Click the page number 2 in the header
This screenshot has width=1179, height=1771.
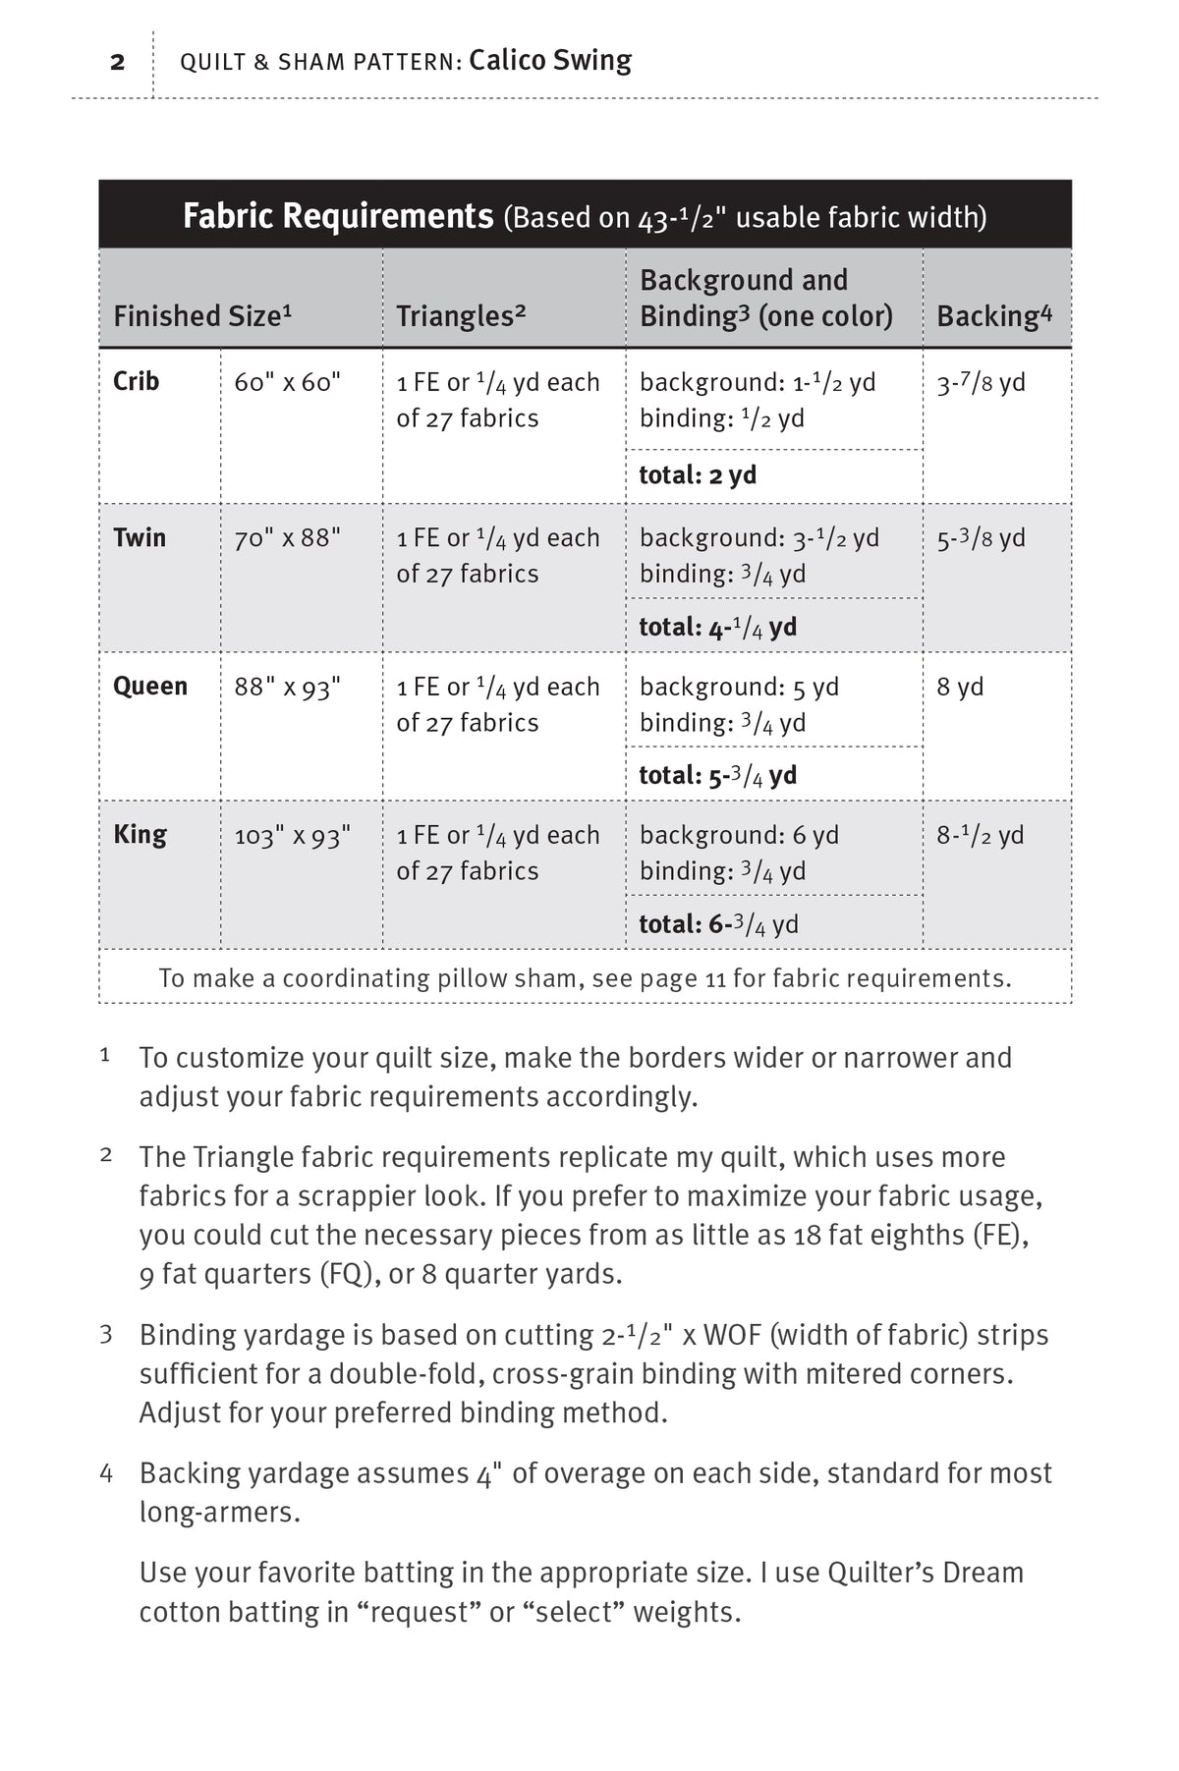[118, 63]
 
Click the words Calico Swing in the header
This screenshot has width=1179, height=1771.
[550, 61]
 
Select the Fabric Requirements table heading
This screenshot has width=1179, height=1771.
[337, 215]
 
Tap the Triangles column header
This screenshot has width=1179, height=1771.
[461, 316]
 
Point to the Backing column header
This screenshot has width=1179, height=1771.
[993, 316]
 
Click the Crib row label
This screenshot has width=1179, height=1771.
[137, 381]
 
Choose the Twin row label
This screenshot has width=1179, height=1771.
[140, 537]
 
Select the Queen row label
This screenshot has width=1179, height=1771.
[150, 686]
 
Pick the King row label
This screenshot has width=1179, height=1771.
[140, 834]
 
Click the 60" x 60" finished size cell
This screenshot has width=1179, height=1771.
[287, 382]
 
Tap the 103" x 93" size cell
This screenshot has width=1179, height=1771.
[292, 836]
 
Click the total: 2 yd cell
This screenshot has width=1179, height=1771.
[698, 475]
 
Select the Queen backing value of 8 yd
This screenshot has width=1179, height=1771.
[960, 687]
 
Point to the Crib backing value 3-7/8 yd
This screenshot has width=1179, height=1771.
[981, 382]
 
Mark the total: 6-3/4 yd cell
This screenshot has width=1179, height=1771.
[718, 923]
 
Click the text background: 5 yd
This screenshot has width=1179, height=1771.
[739, 687]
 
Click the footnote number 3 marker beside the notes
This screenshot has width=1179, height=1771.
[106, 1335]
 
